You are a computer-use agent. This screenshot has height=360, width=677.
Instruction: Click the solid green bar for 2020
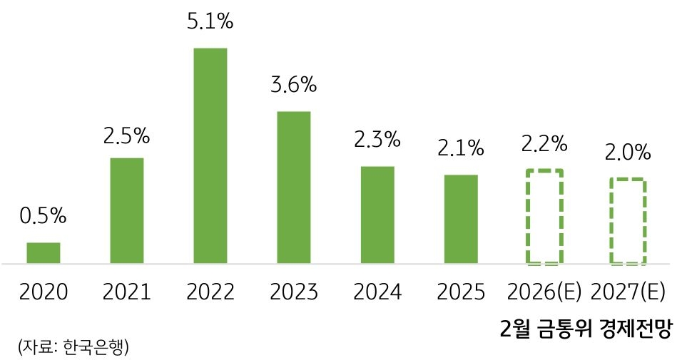coord(44,253)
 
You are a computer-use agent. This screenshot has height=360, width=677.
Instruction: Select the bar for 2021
coord(127,211)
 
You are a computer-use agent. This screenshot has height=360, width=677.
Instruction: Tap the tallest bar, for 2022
coord(210,156)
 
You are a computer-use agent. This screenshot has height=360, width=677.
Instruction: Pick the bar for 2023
coord(294,187)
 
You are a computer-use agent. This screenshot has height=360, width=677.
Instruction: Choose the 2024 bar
coord(377,215)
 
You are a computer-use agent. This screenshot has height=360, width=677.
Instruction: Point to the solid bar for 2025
coord(461,219)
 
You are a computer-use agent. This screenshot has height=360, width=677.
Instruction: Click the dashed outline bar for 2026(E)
coord(544,217)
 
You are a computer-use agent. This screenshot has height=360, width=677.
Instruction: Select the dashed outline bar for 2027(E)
coord(628,221)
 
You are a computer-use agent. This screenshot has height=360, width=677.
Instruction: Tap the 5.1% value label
coord(210,22)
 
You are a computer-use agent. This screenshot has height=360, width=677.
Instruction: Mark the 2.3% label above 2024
coord(377,140)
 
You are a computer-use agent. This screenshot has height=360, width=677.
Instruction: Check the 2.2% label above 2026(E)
coord(544,143)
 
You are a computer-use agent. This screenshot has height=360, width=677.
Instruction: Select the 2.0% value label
coord(628,152)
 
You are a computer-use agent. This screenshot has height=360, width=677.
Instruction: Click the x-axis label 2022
coord(210,292)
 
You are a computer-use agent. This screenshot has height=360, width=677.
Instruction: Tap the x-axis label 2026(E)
coord(544,292)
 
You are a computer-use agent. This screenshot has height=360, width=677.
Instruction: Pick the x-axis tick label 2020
coord(44,292)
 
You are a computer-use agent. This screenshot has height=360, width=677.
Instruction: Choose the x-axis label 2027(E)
coord(628,292)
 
